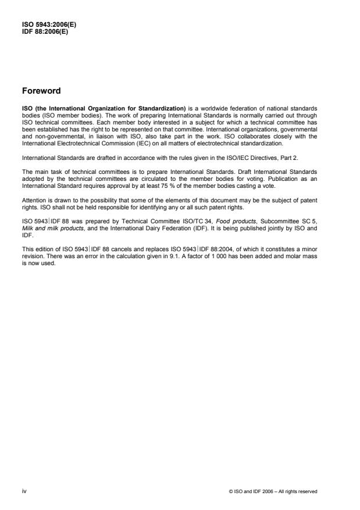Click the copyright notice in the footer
tap(273, 491)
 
